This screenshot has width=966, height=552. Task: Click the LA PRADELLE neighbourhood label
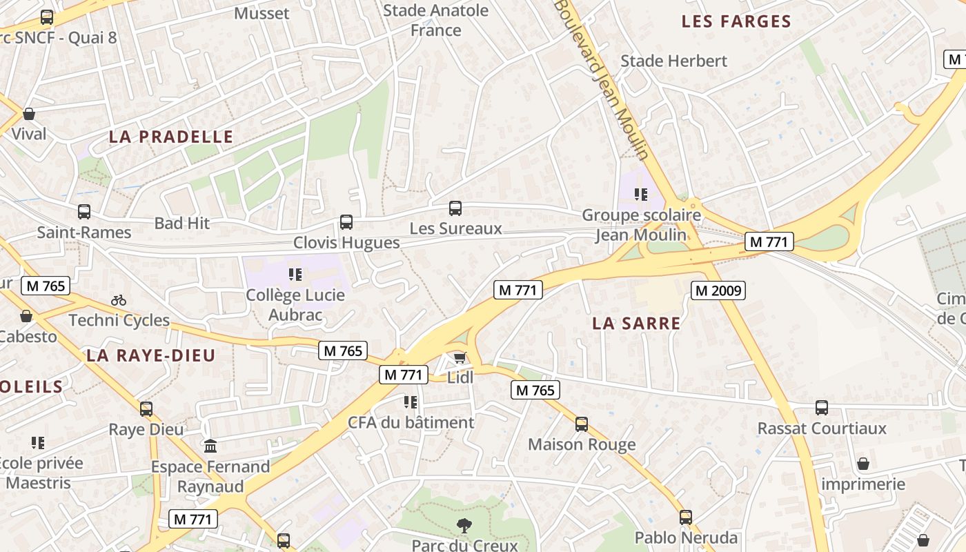(x=171, y=137)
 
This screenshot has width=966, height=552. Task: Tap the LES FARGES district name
(x=736, y=21)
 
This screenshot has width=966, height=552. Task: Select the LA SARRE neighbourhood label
(x=636, y=323)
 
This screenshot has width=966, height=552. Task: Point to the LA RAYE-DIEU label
(x=151, y=355)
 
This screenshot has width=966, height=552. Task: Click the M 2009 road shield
(x=718, y=290)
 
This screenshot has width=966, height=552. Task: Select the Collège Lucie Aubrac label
(x=295, y=305)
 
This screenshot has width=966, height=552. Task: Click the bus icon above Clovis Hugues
(x=346, y=222)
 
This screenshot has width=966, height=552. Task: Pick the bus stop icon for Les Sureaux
(x=455, y=208)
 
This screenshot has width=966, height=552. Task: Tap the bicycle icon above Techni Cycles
(x=119, y=300)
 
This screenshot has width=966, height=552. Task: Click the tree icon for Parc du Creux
(x=464, y=526)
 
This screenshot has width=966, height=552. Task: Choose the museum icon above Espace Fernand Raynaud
(x=210, y=446)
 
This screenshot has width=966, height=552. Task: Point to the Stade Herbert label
(x=673, y=61)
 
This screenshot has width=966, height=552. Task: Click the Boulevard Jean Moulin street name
(x=602, y=79)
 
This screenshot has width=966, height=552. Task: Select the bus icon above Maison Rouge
(x=582, y=424)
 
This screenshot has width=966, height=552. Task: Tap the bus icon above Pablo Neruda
(x=685, y=517)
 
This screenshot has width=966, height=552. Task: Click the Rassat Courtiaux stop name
(x=822, y=428)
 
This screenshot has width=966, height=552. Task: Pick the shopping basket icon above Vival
(x=29, y=114)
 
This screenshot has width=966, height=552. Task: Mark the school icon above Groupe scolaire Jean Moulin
(x=641, y=195)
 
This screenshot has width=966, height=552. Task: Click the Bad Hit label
(x=182, y=223)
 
